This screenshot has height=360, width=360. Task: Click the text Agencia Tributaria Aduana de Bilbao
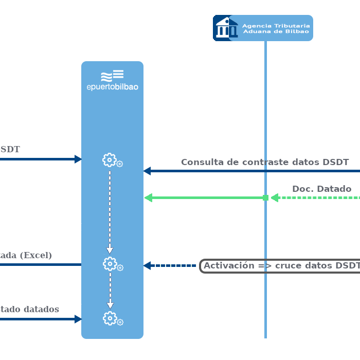click(276, 28)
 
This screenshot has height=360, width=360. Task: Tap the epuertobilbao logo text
click(112, 87)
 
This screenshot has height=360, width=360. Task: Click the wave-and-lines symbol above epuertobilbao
click(112, 75)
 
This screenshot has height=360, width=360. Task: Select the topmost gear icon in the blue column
click(110, 160)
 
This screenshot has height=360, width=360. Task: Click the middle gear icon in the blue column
click(110, 264)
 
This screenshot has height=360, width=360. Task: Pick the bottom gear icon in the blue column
click(110, 318)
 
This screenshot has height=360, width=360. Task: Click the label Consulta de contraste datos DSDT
click(265, 162)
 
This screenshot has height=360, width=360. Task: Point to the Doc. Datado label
click(321, 189)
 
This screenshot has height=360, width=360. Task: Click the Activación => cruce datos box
click(280, 266)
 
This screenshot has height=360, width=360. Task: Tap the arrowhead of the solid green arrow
click(149, 197)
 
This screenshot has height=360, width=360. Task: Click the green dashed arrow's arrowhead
click(275, 197)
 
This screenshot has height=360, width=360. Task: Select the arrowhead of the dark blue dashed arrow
click(147, 266)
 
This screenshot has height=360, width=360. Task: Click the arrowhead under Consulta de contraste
click(147, 171)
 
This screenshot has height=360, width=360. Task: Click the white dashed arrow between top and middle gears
click(110, 211)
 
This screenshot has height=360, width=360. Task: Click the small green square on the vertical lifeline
click(265, 197)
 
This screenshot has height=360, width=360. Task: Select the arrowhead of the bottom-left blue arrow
click(78, 319)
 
